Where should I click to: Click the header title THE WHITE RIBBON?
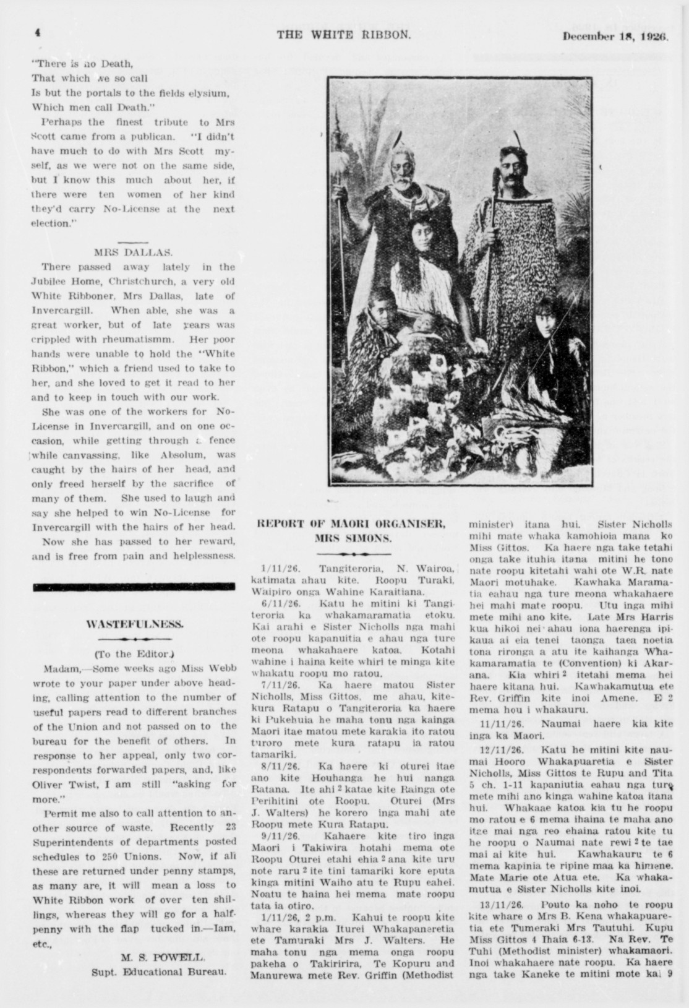click(343, 35)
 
